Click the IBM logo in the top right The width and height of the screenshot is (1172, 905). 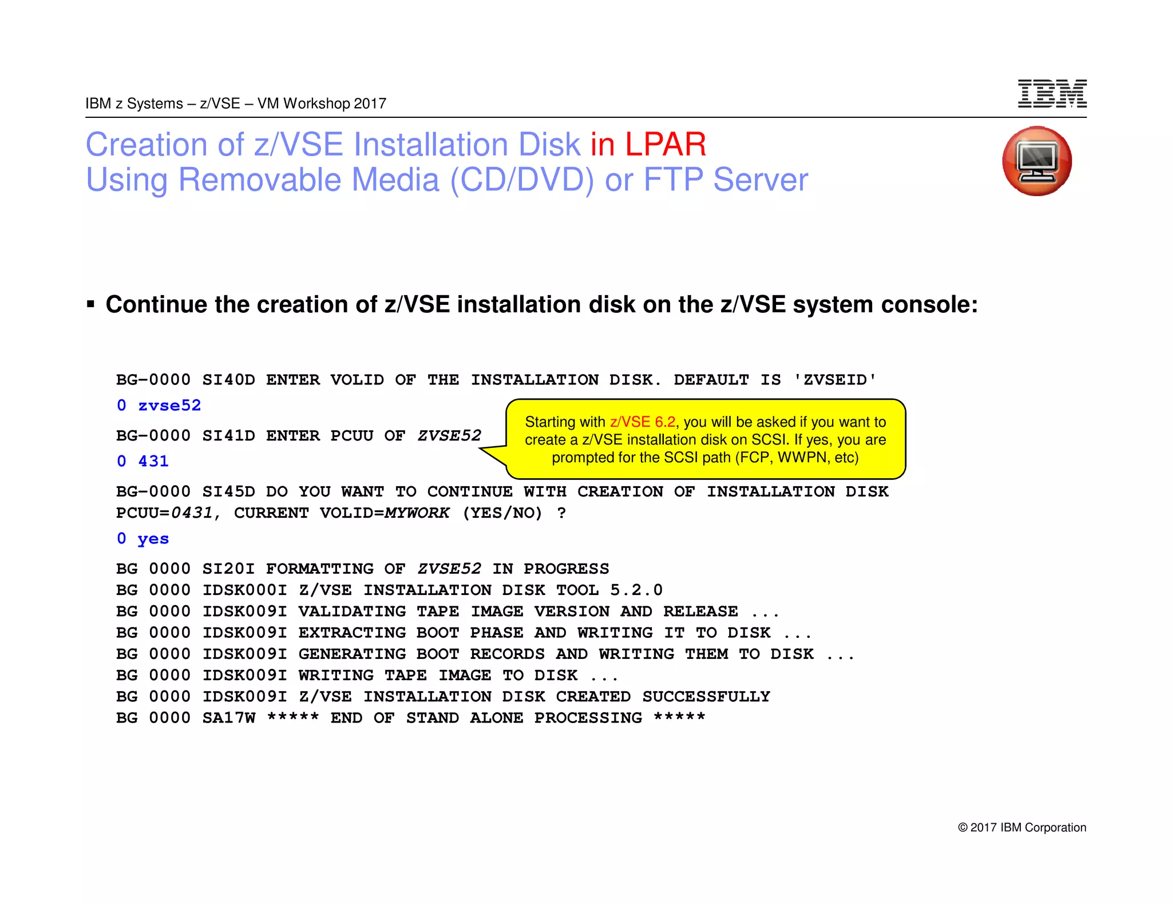click(1052, 94)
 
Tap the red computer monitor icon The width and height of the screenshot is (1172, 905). click(1037, 161)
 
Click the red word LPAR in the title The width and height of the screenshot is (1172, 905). click(666, 144)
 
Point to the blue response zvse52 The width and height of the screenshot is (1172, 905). click(169, 406)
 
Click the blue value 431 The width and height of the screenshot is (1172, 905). click(153, 461)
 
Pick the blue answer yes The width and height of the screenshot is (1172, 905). click(153, 539)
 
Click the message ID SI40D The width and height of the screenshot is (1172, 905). click(228, 380)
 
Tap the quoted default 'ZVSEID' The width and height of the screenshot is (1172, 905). click(834, 380)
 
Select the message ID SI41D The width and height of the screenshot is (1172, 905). click(228, 436)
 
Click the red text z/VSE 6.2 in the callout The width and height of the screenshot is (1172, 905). click(642, 422)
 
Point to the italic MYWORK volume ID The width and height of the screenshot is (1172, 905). click(417, 513)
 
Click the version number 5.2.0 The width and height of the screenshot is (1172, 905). click(636, 590)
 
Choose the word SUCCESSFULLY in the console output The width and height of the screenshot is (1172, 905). click(706, 697)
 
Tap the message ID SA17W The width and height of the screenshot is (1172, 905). click(228, 718)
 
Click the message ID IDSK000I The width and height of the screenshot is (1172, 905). click(244, 590)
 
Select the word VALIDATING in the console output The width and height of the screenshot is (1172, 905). click(352, 612)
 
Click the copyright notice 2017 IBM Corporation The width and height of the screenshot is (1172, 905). click(1022, 827)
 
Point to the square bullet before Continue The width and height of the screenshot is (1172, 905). click(90, 304)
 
